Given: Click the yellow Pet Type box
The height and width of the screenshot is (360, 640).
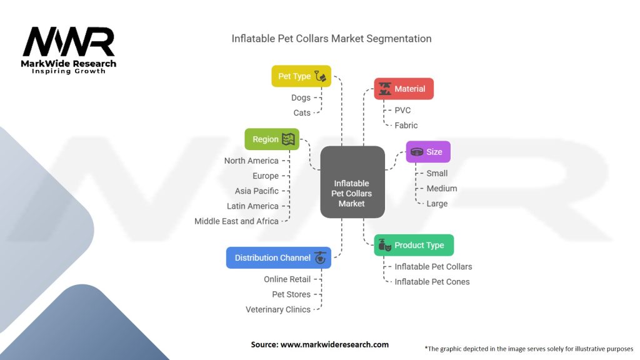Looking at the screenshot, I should [x=301, y=76].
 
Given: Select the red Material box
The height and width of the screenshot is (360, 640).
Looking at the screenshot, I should [x=404, y=89].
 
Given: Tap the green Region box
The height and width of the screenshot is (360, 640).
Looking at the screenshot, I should [x=272, y=139].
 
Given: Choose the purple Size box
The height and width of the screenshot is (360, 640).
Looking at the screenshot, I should [x=428, y=151].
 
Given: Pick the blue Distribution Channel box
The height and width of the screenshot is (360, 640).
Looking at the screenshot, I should [x=279, y=257].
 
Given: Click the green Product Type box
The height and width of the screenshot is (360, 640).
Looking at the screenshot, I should [x=414, y=245].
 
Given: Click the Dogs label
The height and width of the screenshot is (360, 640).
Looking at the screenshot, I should [x=301, y=97].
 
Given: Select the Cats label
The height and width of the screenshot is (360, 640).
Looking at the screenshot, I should [x=302, y=112].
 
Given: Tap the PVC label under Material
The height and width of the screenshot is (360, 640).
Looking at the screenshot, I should [x=402, y=110].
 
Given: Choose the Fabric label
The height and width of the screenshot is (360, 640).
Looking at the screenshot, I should [x=406, y=125].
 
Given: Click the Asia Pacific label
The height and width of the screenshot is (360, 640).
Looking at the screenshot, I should [x=257, y=191].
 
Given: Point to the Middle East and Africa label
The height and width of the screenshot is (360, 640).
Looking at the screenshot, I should [x=236, y=221].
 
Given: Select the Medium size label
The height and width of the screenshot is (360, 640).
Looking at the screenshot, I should [x=441, y=188].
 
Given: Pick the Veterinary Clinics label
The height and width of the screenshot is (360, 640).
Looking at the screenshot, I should [x=278, y=309].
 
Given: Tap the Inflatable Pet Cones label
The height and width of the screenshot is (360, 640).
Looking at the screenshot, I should [x=432, y=281].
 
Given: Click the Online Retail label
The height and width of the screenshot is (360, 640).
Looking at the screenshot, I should [x=287, y=279].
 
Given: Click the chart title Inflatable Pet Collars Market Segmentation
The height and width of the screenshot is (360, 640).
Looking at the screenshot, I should [x=331, y=39].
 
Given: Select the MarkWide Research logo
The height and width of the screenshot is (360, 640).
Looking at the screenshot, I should [x=69, y=51].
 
